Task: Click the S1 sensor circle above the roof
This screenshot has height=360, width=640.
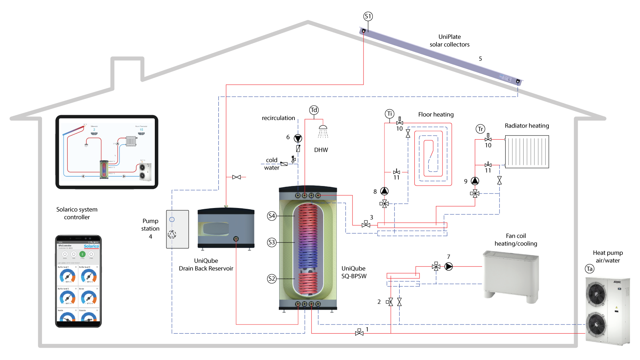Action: point(368,16)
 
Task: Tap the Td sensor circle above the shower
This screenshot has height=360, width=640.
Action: point(314,110)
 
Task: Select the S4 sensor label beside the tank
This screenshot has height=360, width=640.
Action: point(272,216)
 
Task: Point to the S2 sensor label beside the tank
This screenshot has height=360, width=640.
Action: point(272,279)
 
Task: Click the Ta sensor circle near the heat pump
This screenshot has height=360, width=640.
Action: point(590,269)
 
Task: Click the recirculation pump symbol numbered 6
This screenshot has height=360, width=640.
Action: point(298,138)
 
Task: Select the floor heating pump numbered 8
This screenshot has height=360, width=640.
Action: point(384,191)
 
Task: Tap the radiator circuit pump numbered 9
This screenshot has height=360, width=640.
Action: point(475,181)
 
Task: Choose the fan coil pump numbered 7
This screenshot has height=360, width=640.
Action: point(449,266)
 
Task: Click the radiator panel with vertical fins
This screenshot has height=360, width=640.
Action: point(527,152)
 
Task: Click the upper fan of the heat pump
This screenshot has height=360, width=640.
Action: point(596,294)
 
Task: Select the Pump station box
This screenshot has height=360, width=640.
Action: point(178,229)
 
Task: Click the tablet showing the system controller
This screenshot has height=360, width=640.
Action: point(107,152)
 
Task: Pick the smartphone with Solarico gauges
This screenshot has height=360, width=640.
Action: point(78,281)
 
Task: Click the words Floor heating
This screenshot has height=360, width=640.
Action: point(436,114)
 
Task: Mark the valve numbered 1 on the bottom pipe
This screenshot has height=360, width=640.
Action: point(359,332)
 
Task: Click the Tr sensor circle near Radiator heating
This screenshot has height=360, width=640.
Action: point(480,129)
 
